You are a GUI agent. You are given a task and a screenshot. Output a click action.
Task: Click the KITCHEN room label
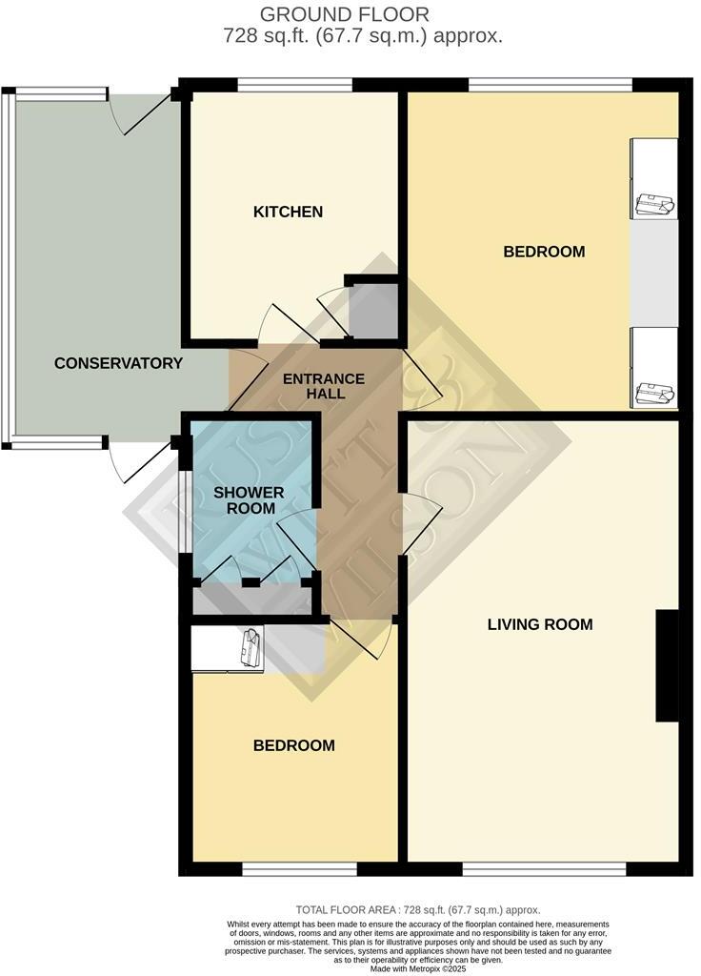(x=288, y=212)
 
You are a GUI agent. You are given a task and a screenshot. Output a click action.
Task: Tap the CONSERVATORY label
(x=118, y=363)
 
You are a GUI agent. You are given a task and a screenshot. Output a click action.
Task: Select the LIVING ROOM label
(x=540, y=625)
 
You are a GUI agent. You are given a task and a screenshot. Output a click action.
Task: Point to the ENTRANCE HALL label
(x=324, y=386)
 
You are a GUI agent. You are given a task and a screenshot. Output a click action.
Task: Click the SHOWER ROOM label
(x=249, y=500)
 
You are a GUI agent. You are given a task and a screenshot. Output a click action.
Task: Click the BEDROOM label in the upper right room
(x=544, y=252)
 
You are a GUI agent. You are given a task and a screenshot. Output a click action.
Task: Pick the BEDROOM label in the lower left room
(x=293, y=745)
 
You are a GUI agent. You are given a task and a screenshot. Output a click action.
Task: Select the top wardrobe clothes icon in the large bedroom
(x=654, y=201)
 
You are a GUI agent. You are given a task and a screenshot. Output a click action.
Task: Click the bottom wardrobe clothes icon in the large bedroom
(x=654, y=391)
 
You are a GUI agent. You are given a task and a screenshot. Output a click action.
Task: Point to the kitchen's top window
(x=295, y=86)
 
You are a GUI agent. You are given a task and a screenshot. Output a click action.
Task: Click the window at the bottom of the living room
(x=544, y=868)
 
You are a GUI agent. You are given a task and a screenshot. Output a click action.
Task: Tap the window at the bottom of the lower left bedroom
(x=299, y=868)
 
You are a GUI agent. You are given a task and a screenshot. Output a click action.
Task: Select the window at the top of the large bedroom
(x=550, y=86)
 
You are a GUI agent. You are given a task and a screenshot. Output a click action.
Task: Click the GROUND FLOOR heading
(x=345, y=14)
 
